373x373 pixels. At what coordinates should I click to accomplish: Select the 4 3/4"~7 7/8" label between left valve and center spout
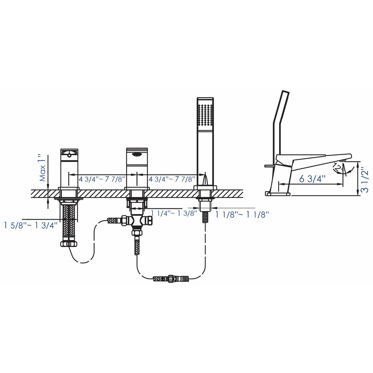pos(102,179)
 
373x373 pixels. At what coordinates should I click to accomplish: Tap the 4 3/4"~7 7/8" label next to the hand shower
pos(172,179)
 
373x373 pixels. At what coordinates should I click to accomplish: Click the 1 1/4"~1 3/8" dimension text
pos(174,214)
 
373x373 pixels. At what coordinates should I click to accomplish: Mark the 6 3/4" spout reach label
pos(312,179)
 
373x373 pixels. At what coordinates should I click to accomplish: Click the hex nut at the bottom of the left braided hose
pos(68,244)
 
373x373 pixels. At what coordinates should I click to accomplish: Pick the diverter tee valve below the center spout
pos(136,221)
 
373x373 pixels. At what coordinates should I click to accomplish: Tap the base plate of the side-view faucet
pos(278,194)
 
